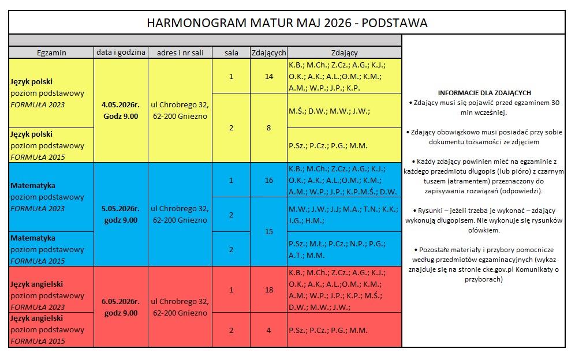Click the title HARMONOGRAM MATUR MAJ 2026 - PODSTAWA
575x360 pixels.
point(287,23)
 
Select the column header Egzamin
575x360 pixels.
point(51,52)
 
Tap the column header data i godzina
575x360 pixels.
point(121,52)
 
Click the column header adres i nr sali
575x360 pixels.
point(180,52)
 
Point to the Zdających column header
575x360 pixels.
point(269,52)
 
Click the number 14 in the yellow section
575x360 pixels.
point(269,76)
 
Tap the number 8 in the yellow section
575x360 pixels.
point(269,128)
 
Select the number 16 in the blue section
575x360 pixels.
point(269,180)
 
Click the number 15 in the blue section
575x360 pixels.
point(269,231)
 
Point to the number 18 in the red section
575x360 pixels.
point(269,290)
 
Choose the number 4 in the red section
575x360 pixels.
point(269,330)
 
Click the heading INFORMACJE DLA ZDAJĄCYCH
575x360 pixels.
point(484,92)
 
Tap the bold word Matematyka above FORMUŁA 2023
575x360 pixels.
point(33,186)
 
